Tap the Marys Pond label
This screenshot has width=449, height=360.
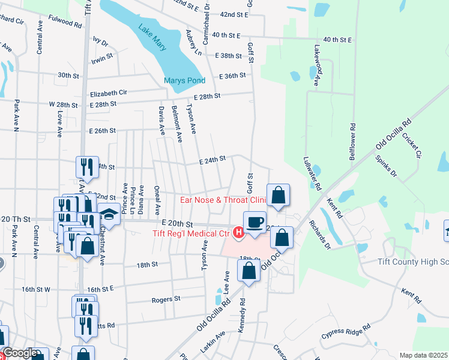coord(185,80)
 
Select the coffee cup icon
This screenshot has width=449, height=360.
coord(255,221)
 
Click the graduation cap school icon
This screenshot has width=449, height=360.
coord(109,214)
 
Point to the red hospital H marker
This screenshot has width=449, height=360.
coord(238,232)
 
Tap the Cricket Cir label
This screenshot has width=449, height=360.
coord(413,146)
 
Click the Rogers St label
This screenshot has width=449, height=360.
coord(166,299)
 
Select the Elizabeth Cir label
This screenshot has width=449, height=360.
coord(109,93)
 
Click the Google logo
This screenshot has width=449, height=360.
coord(20,353)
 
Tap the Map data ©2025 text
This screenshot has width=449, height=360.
coord(423,355)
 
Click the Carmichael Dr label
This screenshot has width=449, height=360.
coord(205,14)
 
